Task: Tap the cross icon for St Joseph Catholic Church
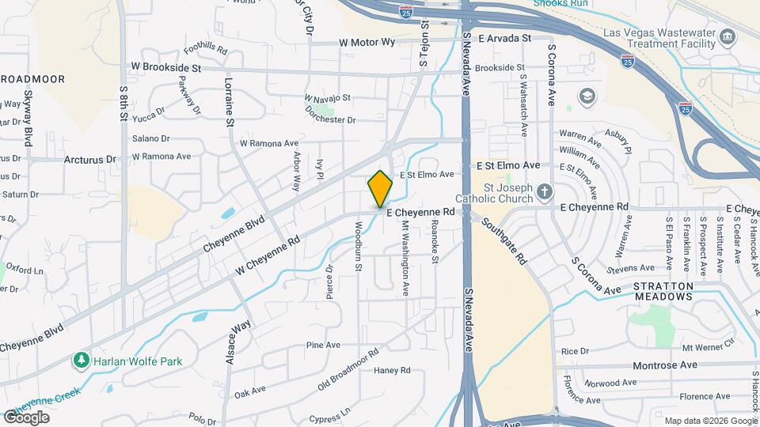544,191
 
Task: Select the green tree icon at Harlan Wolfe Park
81,361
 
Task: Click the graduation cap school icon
586,96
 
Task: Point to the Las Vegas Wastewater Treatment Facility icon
726,36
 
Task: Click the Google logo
26,418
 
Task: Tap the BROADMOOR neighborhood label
33,79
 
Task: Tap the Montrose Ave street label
665,365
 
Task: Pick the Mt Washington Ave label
405,258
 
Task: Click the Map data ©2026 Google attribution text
710,421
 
